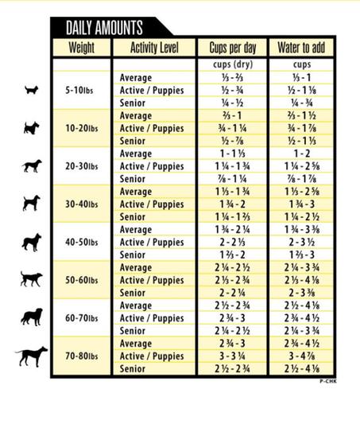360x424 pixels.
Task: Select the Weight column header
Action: [x=81, y=47]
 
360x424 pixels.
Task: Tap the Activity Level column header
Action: [x=153, y=47]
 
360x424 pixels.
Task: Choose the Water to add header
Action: [x=301, y=47]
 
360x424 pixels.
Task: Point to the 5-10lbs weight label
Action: [x=81, y=91]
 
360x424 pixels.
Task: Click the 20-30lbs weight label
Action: [x=81, y=166]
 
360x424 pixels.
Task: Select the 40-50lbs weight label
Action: [x=81, y=242]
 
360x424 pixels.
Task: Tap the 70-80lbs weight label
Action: [x=81, y=356]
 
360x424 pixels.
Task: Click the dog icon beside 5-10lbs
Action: [x=31, y=90]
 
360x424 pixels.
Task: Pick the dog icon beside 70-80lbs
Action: [x=31, y=356]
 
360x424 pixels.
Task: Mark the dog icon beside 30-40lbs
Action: [x=31, y=204]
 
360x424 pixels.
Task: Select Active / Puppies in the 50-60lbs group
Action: [x=152, y=280]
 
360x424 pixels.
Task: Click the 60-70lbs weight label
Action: [x=81, y=318]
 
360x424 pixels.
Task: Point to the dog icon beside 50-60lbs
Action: [x=31, y=279]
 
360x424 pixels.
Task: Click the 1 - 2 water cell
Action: [x=301, y=154]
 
